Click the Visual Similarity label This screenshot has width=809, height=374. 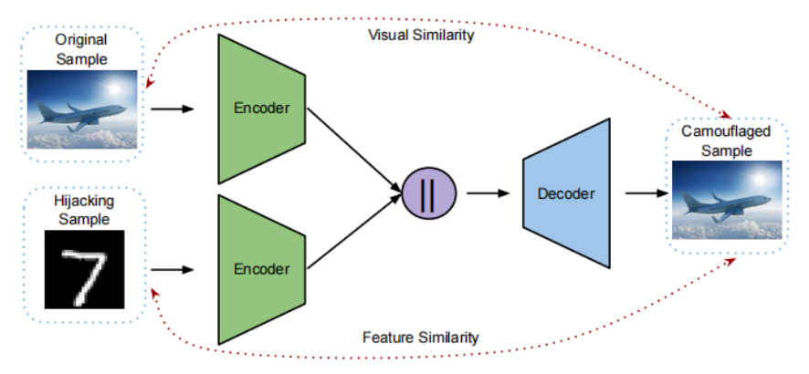(421, 36)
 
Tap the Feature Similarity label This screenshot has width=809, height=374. (421, 338)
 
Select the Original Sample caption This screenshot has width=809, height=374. (81, 49)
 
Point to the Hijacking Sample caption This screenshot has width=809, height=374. (84, 210)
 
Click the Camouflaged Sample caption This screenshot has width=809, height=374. (727, 140)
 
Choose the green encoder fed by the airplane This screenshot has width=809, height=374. (261, 109)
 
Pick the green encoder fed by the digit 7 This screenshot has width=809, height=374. (261, 269)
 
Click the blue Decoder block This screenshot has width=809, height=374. (566, 193)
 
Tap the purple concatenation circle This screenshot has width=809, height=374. (429, 193)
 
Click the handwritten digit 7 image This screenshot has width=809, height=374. (85, 269)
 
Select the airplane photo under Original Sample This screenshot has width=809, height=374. (82, 109)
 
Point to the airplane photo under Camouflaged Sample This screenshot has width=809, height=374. (727, 200)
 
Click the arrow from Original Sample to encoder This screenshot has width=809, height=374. (173, 109)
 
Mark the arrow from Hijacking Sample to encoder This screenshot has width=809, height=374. (173, 269)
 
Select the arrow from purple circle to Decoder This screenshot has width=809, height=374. (489, 193)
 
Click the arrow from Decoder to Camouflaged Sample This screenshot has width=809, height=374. (647, 193)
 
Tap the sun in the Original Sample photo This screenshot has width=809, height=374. (114, 87)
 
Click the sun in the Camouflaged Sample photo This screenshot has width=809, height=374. (759, 178)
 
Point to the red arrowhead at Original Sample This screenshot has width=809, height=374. (150, 83)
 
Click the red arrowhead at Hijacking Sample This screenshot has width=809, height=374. (155, 294)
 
